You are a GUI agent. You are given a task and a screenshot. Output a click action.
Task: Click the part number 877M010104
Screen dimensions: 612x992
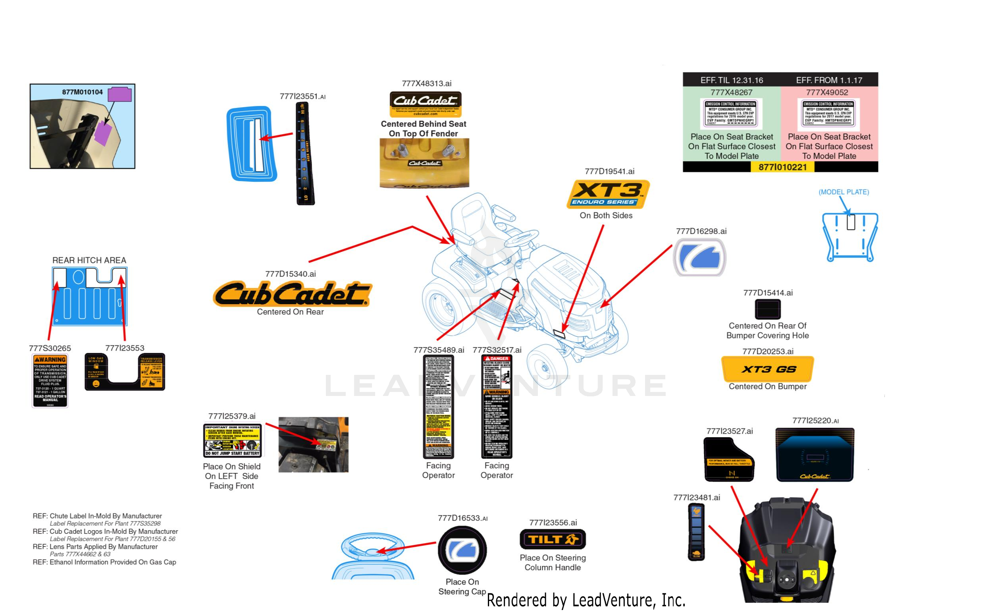point(82,92)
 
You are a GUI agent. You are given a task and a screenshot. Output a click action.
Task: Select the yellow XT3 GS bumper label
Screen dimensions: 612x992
point(767,369)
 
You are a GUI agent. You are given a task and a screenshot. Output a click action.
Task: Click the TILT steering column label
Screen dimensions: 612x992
point(552,539)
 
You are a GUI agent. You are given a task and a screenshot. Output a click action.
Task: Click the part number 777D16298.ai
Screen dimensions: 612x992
point(701,231)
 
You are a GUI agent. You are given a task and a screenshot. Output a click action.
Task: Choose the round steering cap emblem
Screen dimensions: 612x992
point(462,550)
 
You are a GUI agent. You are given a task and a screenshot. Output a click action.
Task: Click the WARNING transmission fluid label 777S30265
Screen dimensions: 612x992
point(50,380)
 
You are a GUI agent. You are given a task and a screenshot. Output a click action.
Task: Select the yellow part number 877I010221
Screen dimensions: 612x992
point(782,167)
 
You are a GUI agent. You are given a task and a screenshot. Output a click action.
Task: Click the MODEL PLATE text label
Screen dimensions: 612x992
point(844,192)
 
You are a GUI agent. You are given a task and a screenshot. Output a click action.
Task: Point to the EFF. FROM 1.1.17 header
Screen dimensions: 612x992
point(828,80)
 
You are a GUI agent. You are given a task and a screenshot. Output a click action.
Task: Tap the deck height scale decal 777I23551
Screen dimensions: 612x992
point(304,154)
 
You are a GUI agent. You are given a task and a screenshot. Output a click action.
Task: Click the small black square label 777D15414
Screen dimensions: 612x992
point(767,309)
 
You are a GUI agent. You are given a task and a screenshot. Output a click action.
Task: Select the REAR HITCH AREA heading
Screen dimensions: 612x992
point(89,260)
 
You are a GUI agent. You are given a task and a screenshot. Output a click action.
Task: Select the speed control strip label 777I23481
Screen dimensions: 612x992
point(696,531)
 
